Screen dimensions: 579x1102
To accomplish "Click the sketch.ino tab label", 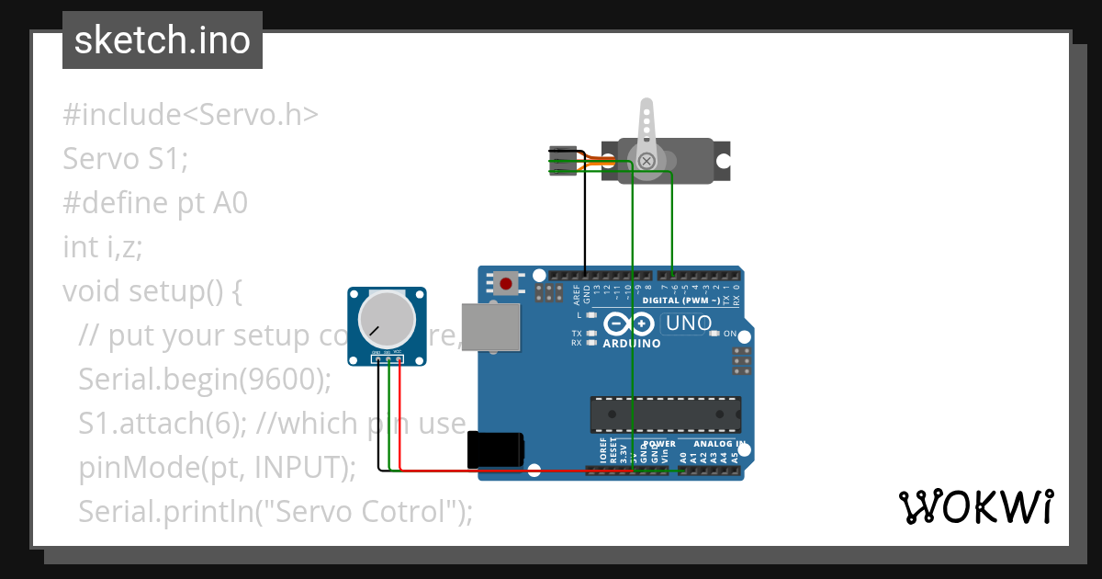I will (162, 41).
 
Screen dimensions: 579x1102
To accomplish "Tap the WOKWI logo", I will (974, 506).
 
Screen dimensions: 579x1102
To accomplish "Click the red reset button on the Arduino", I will (505, 281).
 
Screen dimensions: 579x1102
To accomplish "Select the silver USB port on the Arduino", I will (489, 326).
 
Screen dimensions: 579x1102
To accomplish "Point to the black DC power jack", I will (496, 450).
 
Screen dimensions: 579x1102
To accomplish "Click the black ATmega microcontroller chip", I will (665, 414).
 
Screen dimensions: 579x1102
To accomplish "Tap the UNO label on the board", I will (688, 324).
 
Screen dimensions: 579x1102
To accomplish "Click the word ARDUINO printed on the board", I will (631, 344).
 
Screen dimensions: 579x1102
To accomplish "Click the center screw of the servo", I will (647, 162).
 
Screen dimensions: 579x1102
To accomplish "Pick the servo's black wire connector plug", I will (561, 161).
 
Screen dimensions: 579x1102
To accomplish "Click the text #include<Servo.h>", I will (190, 115).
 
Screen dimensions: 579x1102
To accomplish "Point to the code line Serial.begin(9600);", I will (205, 380).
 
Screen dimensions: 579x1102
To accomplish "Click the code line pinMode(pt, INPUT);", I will (218, 467).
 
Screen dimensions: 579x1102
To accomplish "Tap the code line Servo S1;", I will (125, 159).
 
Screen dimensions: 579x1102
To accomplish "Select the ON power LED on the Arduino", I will (716, 333).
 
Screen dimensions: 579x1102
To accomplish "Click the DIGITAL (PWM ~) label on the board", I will (680, 301).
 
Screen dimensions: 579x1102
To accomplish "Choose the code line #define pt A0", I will (155, 202).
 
